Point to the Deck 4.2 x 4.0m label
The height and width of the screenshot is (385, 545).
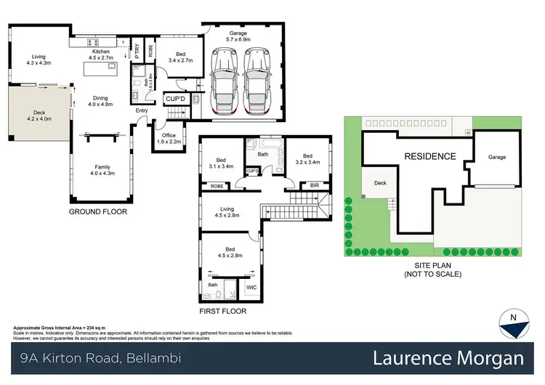pyautogui.click(x=39, y=117)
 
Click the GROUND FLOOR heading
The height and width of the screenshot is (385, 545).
pyautogui.click(x=98, y=213)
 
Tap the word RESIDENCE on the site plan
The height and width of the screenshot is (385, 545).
pyautogui.click(x=429, y=156)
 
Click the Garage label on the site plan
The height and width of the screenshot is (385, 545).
pyautogui.click(x=497, y=157)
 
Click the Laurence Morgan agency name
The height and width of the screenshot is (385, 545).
pyautogui.click(x=448, y=359)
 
